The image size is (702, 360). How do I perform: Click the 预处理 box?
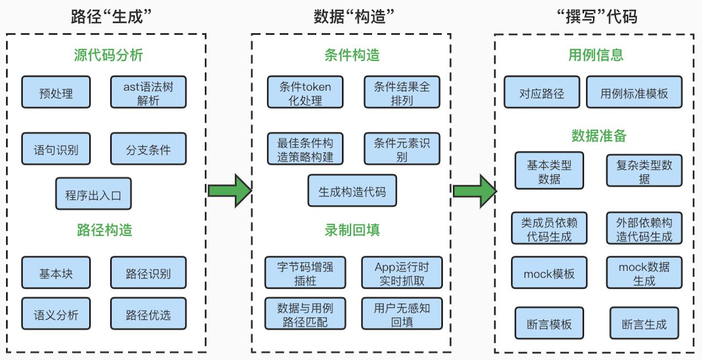pyautogui.click(x=56, y=92)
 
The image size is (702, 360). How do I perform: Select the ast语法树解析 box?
pyautogui.click(x=148, y=92)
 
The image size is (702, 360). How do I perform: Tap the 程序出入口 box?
pyautogui.click(x=93, y=194)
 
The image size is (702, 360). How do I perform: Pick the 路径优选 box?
pyautogui.click(x=148, y=314)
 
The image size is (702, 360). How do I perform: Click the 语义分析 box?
pyautogui.click(x=56, y=314)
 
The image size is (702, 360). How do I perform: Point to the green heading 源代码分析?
pyautogui.click(x=108, y=55)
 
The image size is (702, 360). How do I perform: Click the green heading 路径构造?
pyautogui.click(x=104, y=230)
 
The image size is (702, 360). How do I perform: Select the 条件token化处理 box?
pyautogui.click(x=305, y=92)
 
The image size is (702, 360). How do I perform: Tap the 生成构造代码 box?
pyautogui.click(x=352, y=191)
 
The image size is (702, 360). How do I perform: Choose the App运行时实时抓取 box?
pyautogui.click(x=402, y=273)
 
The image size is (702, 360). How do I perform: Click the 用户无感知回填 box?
pyautogui.click(x=402, y=314)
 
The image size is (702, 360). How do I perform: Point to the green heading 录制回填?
pyautogui.click(x=352, y=230)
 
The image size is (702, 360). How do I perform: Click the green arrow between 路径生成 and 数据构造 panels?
pyautogui.click(x=229, y=191)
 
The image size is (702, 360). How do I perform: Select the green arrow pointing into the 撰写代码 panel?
pyautogui.click(x=474, y=191)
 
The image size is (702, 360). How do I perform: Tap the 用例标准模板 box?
pyautogui.click(x=634, y=92)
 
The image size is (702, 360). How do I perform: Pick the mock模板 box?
pyautogui.click(x=549, y=273)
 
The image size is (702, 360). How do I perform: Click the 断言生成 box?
pyautogui.click(x=644, y=324)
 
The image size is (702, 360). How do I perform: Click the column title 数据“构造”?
pyautogui.click(x=354, y=17)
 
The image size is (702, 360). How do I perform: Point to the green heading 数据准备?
pyautogui.click(x=599, y=136)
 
